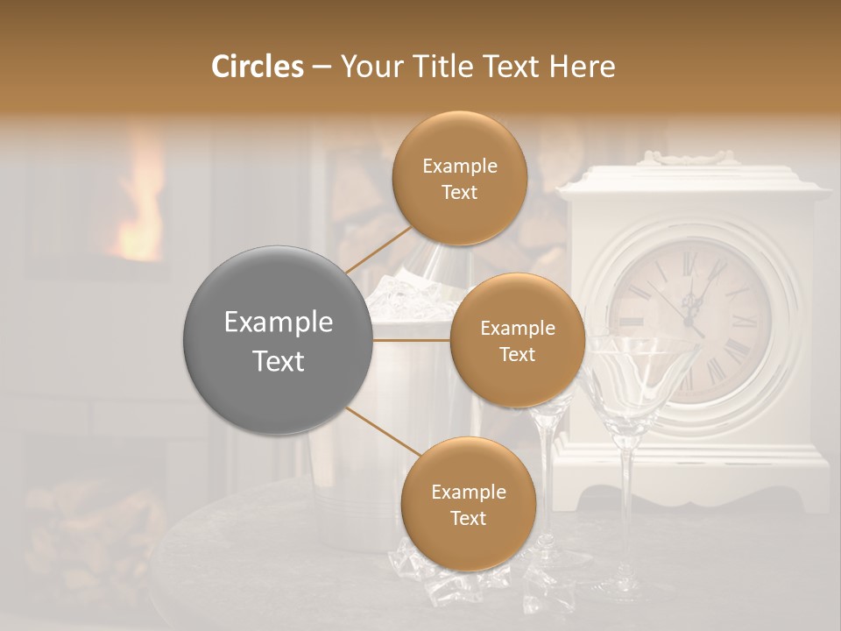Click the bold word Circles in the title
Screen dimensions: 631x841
coord(257,67)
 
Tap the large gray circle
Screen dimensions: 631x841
coord(279,341)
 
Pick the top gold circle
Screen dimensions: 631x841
coord(459,178)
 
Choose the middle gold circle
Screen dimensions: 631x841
coord(517,340)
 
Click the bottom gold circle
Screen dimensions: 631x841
coord(468,504)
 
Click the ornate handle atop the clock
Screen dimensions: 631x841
coord(686,157)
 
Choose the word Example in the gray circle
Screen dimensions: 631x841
coord(279,323)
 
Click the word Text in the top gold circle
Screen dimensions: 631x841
coord(459,192)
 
